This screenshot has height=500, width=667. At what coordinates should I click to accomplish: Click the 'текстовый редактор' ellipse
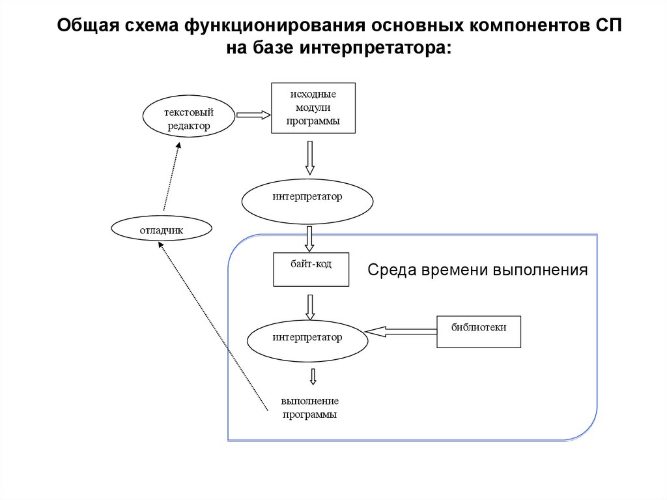coord(188,116)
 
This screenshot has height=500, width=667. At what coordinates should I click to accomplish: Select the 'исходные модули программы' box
coord(313,108)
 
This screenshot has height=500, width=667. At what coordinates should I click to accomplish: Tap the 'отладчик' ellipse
coord(162,229)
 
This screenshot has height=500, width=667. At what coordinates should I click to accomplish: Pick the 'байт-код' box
coord(311,269)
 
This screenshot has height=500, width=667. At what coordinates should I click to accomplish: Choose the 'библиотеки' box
coord(479,332)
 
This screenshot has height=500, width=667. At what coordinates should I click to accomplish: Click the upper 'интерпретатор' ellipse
coord(307,201)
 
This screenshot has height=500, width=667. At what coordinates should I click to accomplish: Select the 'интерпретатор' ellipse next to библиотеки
coord(307,341)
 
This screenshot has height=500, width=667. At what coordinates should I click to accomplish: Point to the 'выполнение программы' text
coord(309,407)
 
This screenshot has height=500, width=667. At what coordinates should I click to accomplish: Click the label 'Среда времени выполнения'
coord(477,270)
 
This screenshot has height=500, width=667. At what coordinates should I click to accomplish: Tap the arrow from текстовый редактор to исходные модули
coord(253,115)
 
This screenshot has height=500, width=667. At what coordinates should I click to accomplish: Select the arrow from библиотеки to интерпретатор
coord(401,331)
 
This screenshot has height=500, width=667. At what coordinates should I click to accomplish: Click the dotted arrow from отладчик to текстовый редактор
coord(171,176)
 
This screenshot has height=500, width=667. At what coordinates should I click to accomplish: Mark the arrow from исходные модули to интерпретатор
coord(309,158)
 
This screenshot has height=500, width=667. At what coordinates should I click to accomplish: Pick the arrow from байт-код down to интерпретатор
coord(310,308)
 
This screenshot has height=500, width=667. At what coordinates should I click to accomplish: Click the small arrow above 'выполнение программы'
coord(313,377)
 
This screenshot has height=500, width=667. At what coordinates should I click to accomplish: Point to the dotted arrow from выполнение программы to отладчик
coord(213,326)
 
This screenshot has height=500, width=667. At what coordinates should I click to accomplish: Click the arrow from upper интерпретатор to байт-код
coord(309,239)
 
